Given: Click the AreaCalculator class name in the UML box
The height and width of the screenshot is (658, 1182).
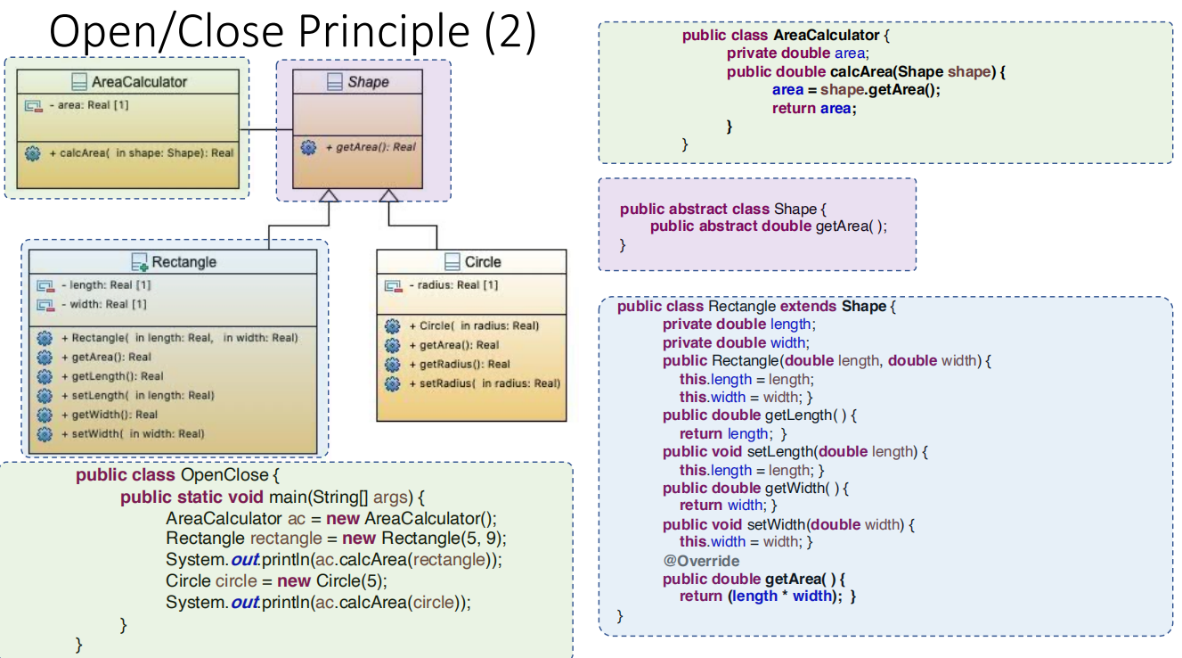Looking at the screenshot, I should [x=139, y=82].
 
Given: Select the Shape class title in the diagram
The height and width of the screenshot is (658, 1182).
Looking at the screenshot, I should [x=368, y=82].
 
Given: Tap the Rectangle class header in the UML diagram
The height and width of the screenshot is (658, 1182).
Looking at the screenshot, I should [x=183, y=262].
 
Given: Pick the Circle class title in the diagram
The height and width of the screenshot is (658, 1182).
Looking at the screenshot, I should [x=483, y=262].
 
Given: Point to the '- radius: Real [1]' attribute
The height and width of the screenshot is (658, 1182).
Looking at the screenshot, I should [x=453, y=285].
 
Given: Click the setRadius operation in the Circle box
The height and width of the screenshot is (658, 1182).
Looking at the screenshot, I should [x=484, y=383].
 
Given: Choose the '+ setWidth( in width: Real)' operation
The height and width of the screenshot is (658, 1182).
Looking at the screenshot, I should [x=137, y=434].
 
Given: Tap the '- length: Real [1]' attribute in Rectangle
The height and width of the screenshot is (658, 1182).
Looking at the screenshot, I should [x=105, y=285].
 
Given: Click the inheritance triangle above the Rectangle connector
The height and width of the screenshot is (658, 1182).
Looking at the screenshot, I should [x=330, y=195].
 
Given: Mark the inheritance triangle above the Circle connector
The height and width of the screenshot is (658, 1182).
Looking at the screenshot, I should [x=388, y=195].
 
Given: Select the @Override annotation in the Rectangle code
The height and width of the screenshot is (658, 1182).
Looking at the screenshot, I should [x=701, y=561].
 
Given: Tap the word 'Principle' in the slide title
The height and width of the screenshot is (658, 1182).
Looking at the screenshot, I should [x=384, y=32].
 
